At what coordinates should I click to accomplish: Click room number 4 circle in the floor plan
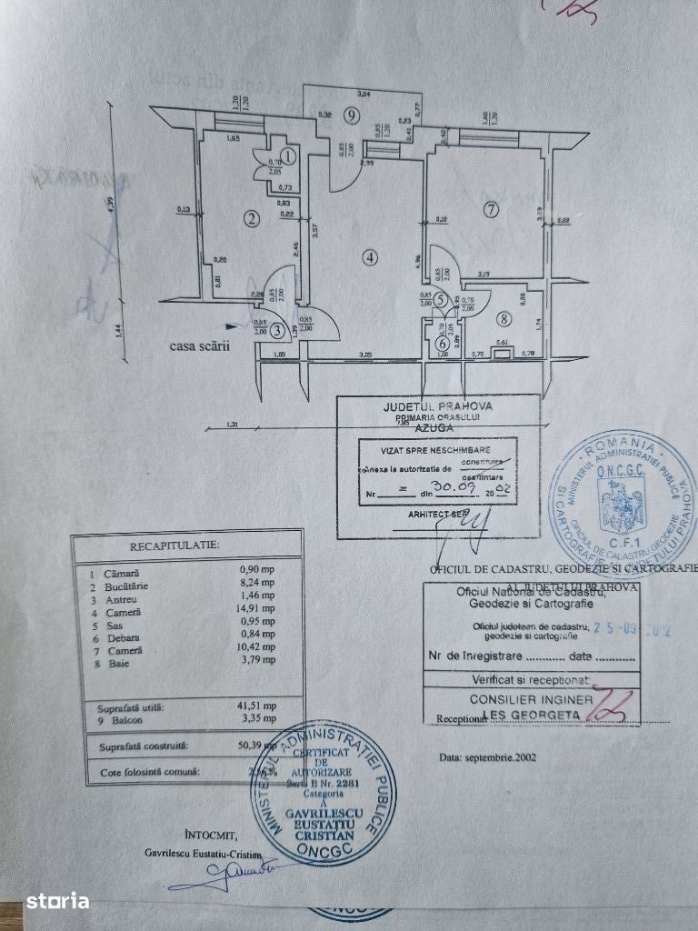click(368, 257)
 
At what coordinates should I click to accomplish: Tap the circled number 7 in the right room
click(492, 209)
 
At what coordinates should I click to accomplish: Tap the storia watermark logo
click(57, 902)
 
